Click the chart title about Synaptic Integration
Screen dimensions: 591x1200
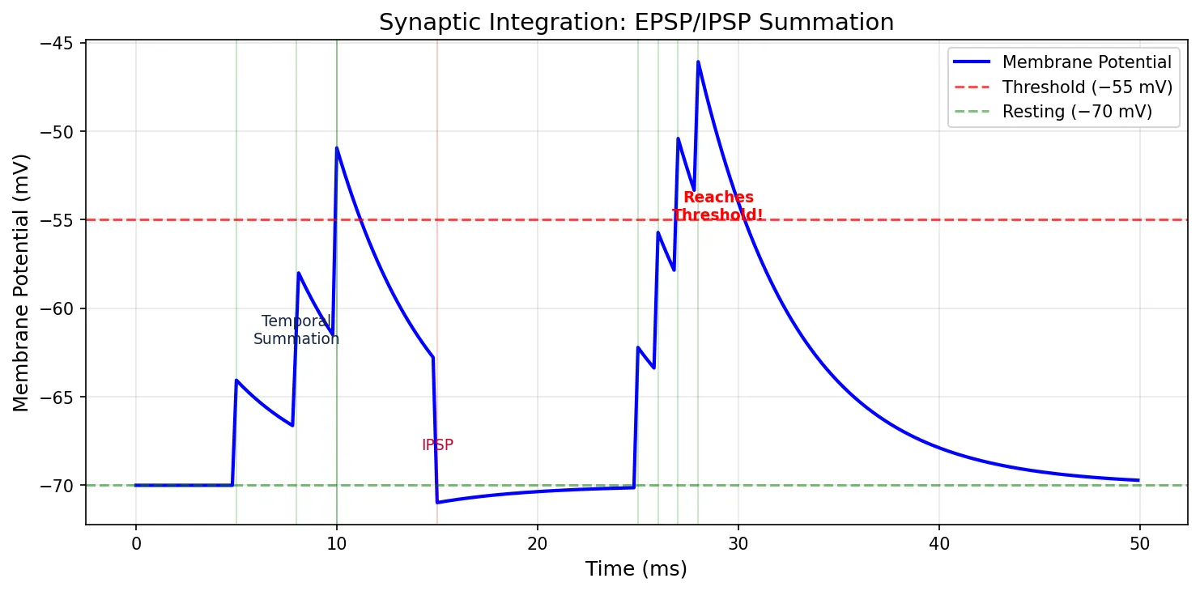pyautogui.click(x=636, y=23)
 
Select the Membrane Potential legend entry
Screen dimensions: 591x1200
pyautogui.click(x=1086, y=62)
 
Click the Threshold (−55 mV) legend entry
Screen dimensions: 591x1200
pyautogui.click(x=1086, y=87)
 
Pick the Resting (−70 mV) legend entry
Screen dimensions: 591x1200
pyautogui.click(x=1076, y=112)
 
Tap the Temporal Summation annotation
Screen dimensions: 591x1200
pyautogui.click(x=296, y=330)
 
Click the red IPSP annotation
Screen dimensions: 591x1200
pyautogui.click(x=437, y=445)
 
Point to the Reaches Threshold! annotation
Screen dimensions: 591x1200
pyautogui.click(x=717, y=206)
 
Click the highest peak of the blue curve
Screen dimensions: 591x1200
pyautogui.click(x=698, y=62)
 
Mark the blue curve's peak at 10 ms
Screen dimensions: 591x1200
pyautogui.click(x=337, y=148)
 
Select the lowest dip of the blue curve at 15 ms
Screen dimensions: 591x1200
pyautogui.click(x=437, y=502)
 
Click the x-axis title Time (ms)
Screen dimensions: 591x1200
pyautogui.click(x=636, y=569)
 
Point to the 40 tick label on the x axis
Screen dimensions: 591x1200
pyautogui.click(x=938, y=544)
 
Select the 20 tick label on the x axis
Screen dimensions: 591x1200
pyautogui.click(x=537, y=544)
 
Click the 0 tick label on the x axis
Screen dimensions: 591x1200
pyautogui.click(x=136, y=544)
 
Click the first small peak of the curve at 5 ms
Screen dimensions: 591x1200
pyautogui.click(x=236, y=380)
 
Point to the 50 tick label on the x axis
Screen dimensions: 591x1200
pyautogui.click(x=1139, y=544)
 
